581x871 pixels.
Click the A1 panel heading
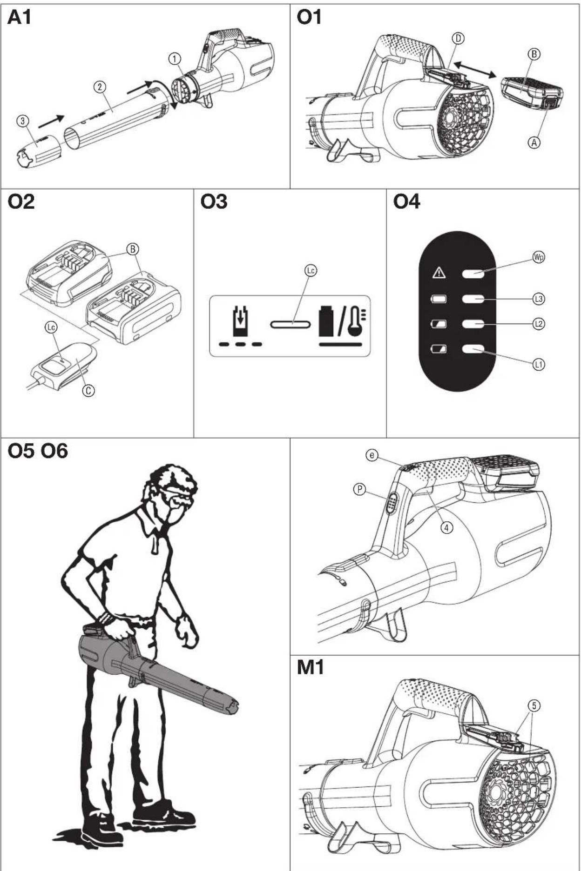[19, 18]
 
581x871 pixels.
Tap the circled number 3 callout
[23, 121]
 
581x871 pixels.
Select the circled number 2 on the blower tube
[100, 87]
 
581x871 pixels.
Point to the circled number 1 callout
[175, 59]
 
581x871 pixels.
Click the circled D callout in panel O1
[459, 38]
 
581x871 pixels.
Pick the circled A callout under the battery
[534, 142]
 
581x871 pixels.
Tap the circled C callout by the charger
[88, 390]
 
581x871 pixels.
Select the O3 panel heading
[214, 202]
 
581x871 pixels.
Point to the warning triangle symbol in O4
[439, 273]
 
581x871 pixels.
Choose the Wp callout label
[539, 257]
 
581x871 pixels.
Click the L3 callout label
[539, 299]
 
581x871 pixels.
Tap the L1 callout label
[539, 365]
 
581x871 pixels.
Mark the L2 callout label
[539, 324]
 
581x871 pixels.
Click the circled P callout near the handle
[359, 489]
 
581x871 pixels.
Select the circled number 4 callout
[446, 527]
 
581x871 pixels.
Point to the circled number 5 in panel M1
[534, 706]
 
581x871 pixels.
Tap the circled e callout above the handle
[372, 455]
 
